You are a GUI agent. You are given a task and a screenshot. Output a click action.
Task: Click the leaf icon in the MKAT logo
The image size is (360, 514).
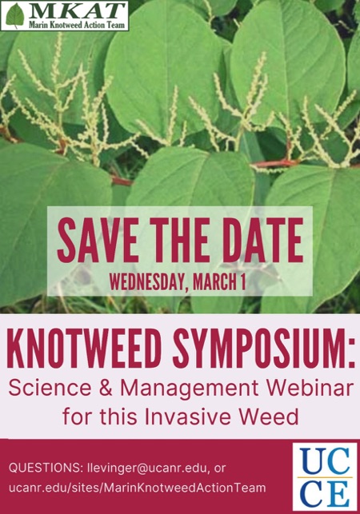point(14,15)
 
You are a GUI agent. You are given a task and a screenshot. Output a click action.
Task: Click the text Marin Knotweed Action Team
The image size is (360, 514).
point(77,25)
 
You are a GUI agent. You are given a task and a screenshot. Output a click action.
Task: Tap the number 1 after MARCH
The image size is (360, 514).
point(242,281)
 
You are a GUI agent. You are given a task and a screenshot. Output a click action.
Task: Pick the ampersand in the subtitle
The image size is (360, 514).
point(106,388)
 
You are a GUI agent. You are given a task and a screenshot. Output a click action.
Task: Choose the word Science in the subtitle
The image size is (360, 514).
point(50,388)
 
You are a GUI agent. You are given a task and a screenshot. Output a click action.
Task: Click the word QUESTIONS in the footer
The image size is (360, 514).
point(46,468)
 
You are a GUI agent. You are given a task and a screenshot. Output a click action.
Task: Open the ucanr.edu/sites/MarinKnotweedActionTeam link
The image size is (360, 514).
point(137,488)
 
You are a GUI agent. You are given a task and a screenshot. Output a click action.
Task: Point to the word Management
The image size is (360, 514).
point(190,389)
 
